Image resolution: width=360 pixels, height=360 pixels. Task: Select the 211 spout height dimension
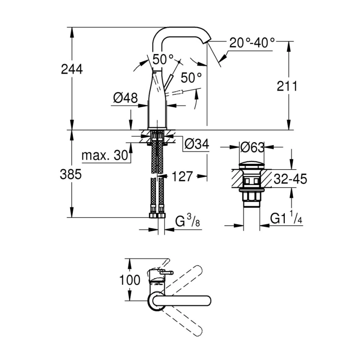coord(287,86)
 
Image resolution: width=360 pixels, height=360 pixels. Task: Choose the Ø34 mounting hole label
coord(196,144)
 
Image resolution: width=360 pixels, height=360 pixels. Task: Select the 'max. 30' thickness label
coord(104,155)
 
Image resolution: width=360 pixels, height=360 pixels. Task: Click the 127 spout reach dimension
coord(182,176)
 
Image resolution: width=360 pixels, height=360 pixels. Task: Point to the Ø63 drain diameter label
coord(252,147)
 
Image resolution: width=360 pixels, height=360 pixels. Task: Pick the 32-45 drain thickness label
coord(291,180)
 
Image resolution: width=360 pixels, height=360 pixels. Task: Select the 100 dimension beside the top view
coord(130,280)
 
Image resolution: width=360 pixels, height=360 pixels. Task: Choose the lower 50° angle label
coord(191,77)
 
